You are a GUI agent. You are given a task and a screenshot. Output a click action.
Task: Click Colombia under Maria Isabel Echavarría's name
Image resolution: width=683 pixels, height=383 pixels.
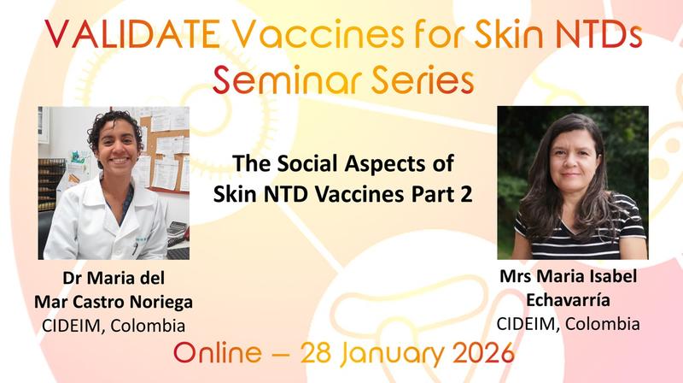(604, 324)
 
